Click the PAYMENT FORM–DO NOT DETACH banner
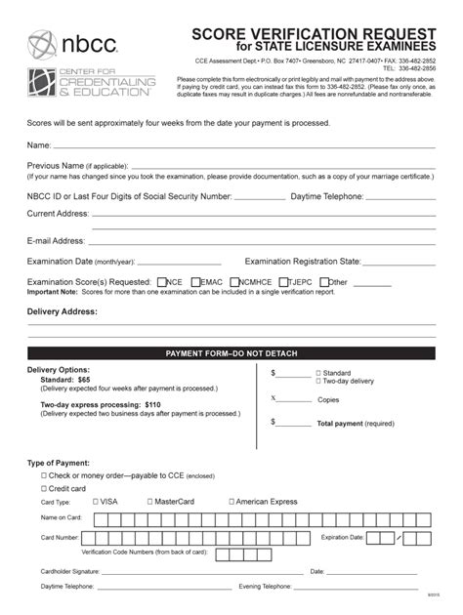pos(231,352)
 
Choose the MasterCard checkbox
pos(149,502)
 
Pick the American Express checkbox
pos(230,502)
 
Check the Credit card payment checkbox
pos(43,488)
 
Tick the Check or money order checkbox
pos(43,474)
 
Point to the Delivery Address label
pos(63,312)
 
